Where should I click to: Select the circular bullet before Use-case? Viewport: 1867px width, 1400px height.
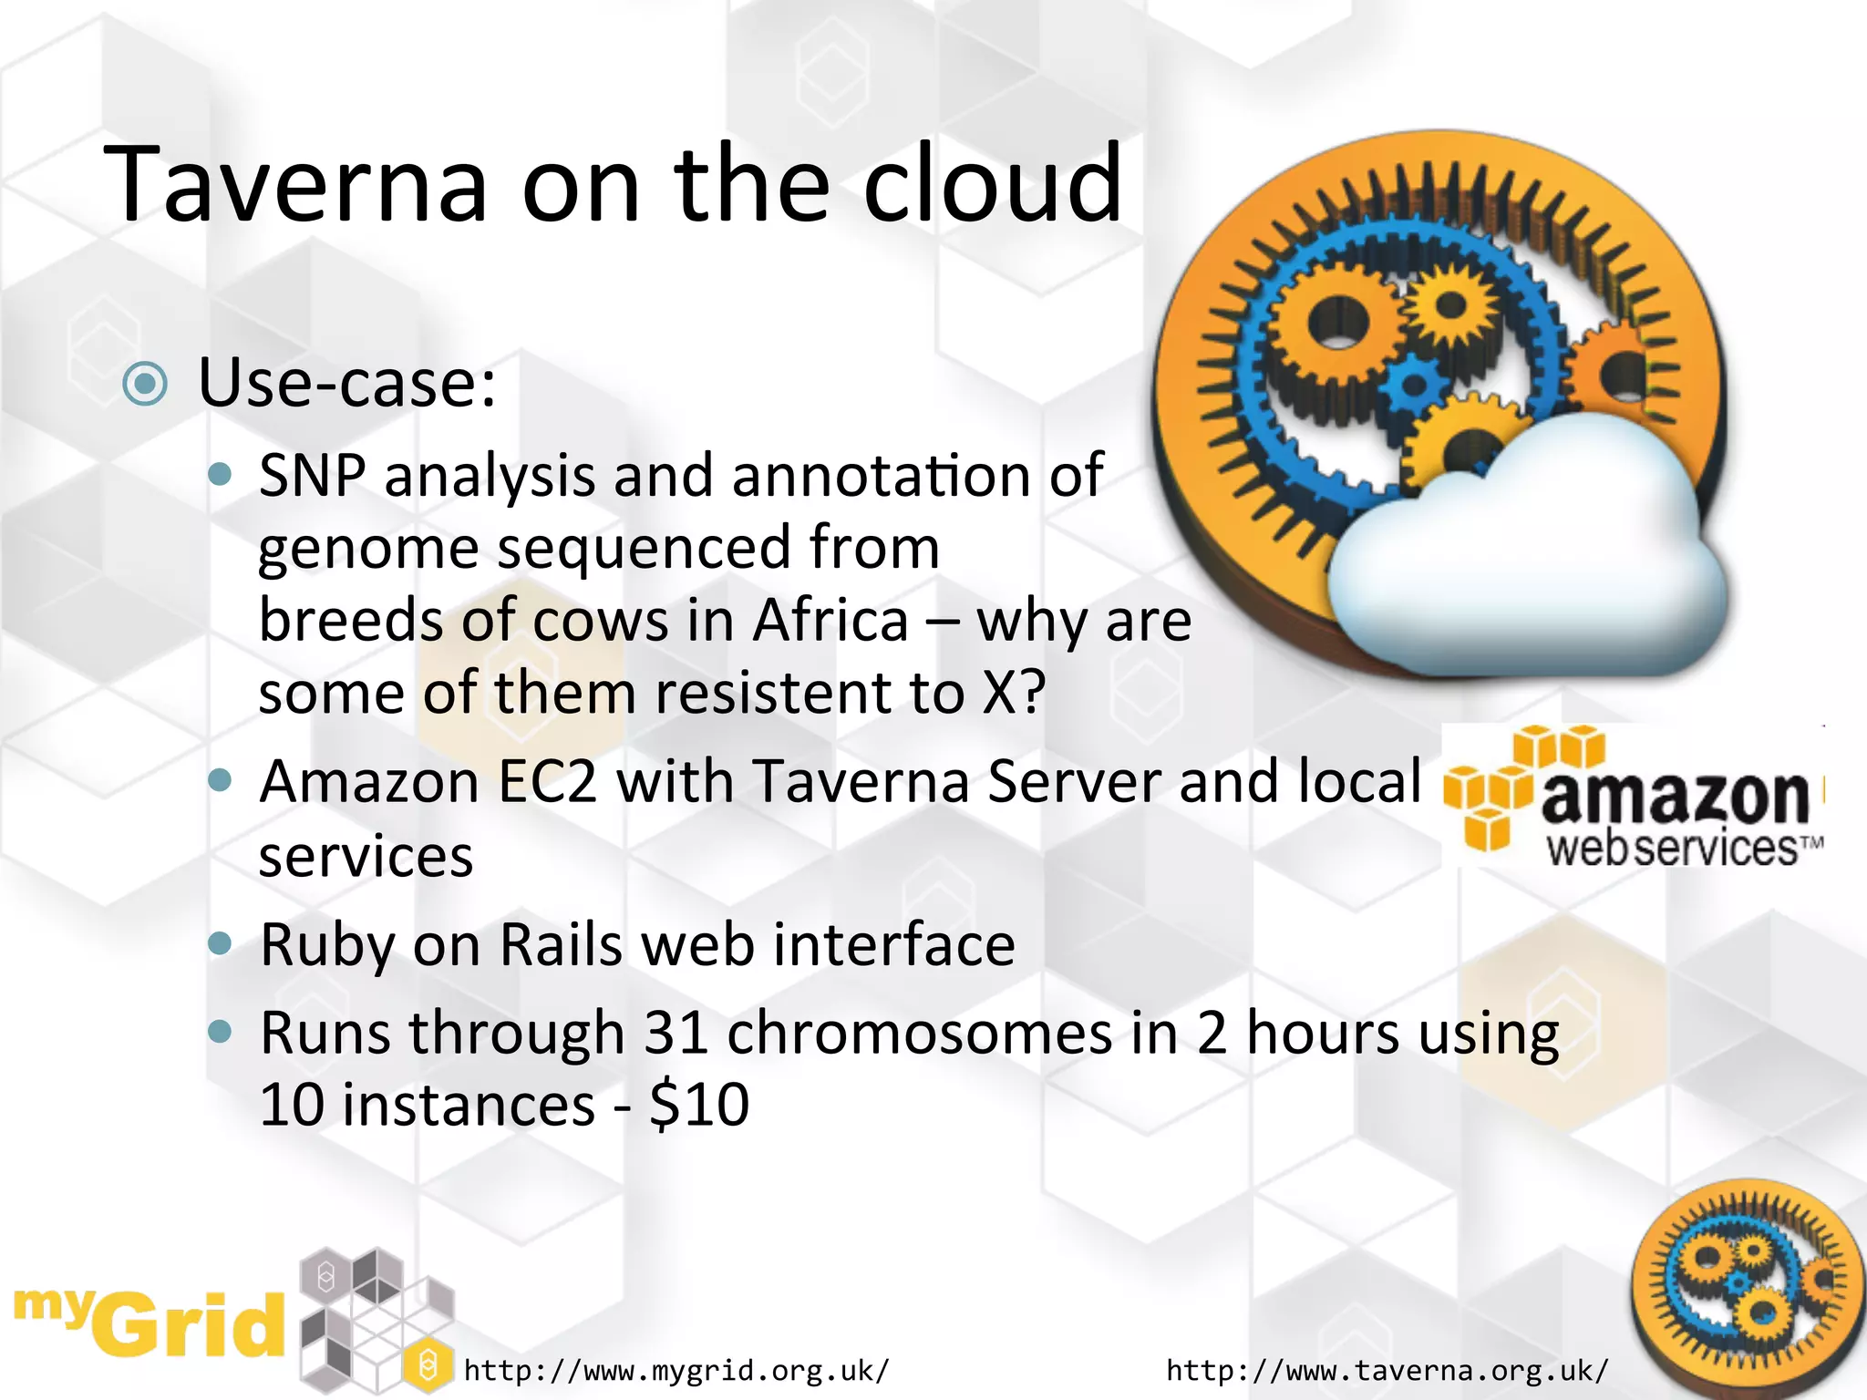[x=145, y=384]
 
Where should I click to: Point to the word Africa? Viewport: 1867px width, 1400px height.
[x=830, y=621]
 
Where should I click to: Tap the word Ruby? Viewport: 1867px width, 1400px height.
[x=326, y=945]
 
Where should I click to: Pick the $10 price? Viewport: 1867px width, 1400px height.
[x=699, y=1105]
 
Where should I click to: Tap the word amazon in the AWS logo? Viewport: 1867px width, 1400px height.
[x=1675, y=796]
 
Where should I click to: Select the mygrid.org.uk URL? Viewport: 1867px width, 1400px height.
[x=676, y=1370]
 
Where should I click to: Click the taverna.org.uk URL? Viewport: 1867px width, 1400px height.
[x=1387, y=1370]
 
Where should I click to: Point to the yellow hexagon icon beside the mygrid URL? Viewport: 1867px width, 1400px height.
[x=427, y=1365]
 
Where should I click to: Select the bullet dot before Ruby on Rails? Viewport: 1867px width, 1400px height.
[x=220, y=942]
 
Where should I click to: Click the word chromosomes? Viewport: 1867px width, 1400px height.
[x=920, y=1034]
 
